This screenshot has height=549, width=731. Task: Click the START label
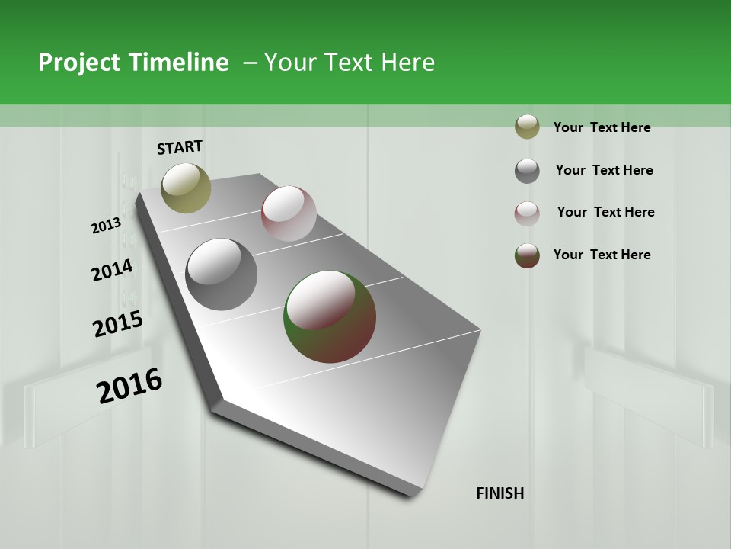(x=180, y=147)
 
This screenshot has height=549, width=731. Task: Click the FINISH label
(x=500, y=493)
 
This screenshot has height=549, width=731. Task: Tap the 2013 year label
(x=106, y=226)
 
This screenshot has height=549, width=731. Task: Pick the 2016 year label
(x=129, y=386)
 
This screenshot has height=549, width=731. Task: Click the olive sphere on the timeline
(x=186, y=188)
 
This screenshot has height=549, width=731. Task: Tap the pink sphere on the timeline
(x=289, y=213)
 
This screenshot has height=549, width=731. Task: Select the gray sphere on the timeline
(x=221, y=274)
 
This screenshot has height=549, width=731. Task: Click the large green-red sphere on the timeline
(x=330, y=316)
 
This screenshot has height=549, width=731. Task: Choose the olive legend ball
(x=527, y=127)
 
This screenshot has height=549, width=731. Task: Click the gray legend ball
(x=527, y=171)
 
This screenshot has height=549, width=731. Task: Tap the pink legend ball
(x=527, y=213)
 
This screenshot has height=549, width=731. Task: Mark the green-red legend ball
(x=527, y=255)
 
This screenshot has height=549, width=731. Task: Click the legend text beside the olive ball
(x=602, y=127)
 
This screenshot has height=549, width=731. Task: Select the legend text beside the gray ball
(x=604, y=170)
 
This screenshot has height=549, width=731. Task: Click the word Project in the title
(x=78, y=63)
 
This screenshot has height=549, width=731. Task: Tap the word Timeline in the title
(x=181, y=63)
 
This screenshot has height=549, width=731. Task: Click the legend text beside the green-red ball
(x=602, y=255)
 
